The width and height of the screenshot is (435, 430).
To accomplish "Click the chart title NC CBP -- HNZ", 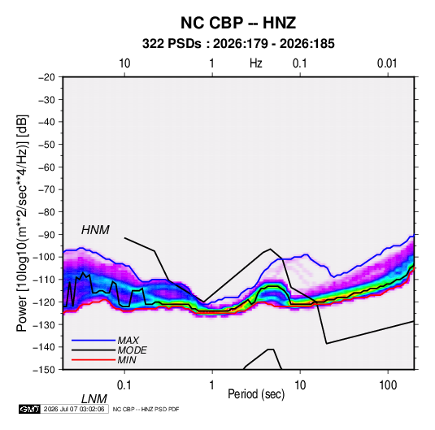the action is pos(238,23).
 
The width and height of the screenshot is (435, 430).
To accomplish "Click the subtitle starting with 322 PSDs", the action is pos(238,44).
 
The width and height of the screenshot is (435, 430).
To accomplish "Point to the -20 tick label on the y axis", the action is pos(46,77).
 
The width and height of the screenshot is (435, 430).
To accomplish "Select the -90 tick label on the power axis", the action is pos(46,235).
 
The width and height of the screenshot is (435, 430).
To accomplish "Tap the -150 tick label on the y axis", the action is pos(44,370).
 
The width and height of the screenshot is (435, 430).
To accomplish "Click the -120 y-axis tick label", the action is pos(44,302).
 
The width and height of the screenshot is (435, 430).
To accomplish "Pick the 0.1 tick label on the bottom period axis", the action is pos(124,385).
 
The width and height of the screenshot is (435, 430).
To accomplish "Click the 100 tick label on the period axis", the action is pos(388,385).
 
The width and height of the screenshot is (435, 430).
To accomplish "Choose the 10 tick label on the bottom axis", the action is pos(300,385).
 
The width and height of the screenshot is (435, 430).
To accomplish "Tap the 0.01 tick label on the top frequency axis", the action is pos(387,63).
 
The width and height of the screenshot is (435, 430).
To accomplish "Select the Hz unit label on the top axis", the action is pos(256,63).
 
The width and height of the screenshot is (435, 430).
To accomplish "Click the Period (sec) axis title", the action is pos(256,394).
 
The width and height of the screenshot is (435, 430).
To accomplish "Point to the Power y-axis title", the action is pos(22,223).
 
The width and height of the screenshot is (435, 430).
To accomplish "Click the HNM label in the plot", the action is pos(95,230).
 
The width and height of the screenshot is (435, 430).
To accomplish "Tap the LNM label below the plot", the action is pos(94,399).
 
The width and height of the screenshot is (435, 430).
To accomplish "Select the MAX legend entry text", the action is pos(128,340).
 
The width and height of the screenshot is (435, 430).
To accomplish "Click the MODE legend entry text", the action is pos(132,350).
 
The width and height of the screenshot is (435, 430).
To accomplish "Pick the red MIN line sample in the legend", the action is pos(94,360).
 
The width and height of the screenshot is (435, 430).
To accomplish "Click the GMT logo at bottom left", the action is pos(29,409).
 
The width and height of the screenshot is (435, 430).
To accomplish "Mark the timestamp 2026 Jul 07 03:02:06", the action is pos(74,409).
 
